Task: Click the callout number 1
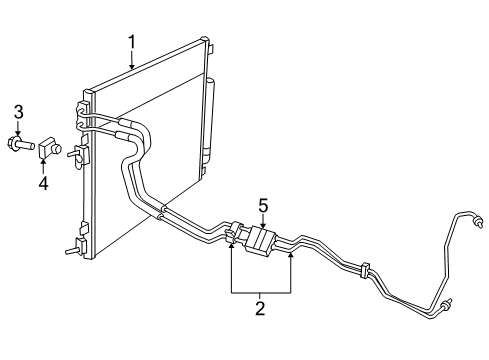[x=131, y=41]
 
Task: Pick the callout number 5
[x=263, y=205]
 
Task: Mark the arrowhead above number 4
[x=44, y=163]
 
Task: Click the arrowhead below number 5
[x=263, y=227]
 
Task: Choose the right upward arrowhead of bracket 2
[x=292, y=255]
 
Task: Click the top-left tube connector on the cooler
[x=81, y=104]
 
